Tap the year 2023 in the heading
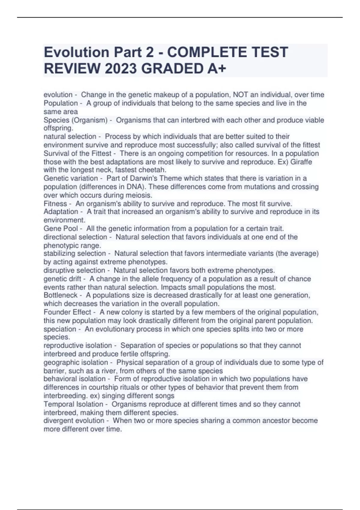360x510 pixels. [120, 69]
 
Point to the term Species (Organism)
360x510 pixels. [76, 120]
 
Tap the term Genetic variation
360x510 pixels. [71, 178]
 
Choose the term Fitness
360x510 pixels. [55, 204]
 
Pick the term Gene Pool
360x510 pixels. [61, 229]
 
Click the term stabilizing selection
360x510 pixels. [75, 253]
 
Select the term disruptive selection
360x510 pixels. [74, 270]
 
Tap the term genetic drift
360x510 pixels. [62, 279]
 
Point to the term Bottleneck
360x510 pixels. [61, 295]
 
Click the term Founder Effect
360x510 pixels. [67, 312]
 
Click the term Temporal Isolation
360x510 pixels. [73, 404]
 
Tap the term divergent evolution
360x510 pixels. [74, 421]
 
